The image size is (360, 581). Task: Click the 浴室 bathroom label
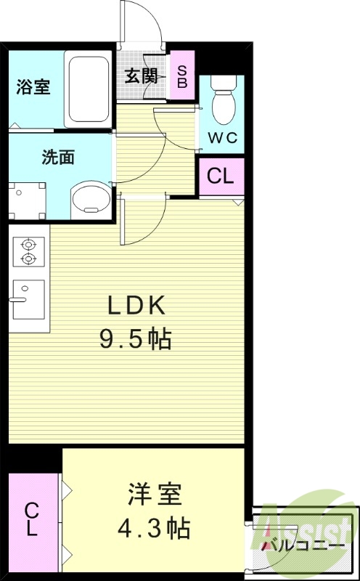point(33,88)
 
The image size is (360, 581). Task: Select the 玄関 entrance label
point(141,75)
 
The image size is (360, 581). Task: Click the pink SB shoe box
point(181,74)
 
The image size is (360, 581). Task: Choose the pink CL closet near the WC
point(221,176)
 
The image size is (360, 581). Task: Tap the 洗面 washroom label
point(58,157)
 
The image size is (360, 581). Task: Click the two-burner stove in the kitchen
point(28,252)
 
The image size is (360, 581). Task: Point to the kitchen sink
point(28,298)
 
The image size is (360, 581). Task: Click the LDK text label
point(137,306)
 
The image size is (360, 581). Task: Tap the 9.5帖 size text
point(136,338)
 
